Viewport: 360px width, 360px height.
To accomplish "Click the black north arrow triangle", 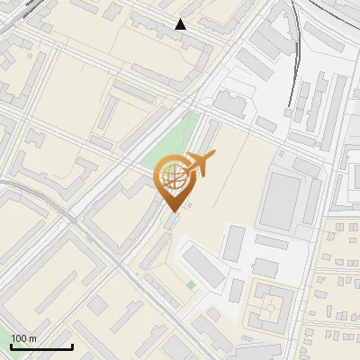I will (181, 24).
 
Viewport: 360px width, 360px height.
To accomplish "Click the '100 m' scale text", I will (23, 338).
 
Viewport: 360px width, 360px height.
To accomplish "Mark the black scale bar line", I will (40, 346).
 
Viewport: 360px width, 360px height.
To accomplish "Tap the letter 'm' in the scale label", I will (32, 338).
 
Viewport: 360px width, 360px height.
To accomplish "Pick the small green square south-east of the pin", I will (191, 285).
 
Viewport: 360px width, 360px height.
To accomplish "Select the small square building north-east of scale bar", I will (97, 306).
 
